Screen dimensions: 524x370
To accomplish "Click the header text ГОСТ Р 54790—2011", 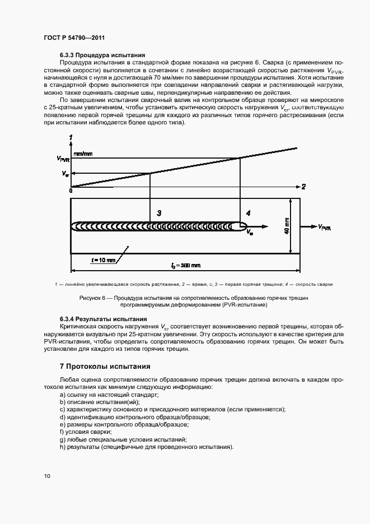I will (74, 37).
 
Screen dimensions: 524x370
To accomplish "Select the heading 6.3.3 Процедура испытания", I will (102, 55).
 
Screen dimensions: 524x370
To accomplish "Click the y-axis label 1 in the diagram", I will (71, 137).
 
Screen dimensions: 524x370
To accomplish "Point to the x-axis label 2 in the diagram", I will (303, 186).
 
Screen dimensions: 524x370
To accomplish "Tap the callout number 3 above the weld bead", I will (159, 213).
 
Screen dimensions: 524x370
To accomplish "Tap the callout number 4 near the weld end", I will (248, 213).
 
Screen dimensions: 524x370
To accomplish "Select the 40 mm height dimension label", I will (287, 226).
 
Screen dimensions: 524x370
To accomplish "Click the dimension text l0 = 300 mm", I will (186, 265).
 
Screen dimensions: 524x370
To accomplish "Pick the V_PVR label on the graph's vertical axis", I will (63, 159).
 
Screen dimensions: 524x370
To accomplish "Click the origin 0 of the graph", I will (71, 191).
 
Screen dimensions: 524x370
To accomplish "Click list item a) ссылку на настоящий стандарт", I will (102, 395).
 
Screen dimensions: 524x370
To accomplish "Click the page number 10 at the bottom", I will (47, 476).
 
